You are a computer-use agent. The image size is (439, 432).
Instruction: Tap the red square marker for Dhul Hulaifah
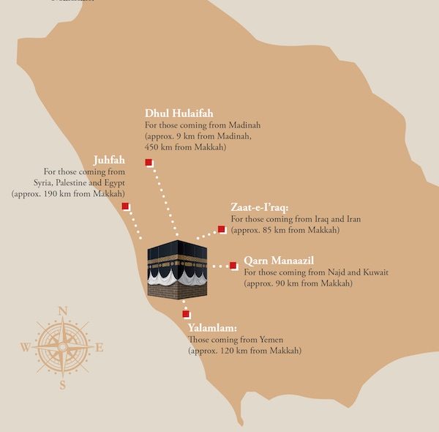[149, 163]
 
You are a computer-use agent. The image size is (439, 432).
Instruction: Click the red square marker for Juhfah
[126, 206]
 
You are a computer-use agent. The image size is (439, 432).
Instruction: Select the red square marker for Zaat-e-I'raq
[222, 229]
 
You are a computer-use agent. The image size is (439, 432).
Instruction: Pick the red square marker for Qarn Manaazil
[233, 266]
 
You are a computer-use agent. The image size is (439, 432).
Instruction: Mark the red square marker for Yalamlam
[186, 314]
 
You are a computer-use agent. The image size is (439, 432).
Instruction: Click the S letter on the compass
[63, 385]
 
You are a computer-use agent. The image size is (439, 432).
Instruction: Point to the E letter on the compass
[100, 348]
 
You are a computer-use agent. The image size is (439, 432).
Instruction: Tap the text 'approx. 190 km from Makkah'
[67, 193]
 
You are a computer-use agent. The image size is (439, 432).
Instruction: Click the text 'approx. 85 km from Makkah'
[285, 230]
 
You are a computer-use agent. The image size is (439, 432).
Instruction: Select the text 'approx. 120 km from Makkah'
[245, 351]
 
